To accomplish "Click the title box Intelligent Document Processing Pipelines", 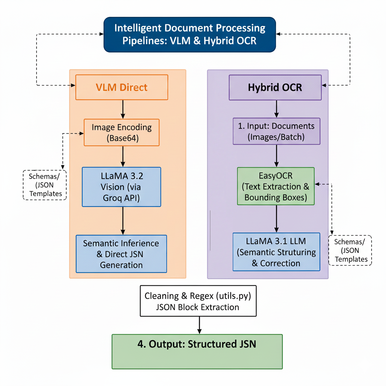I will click(x=189, y=34).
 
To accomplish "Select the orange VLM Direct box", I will click(x=122, y=87).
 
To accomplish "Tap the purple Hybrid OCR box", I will click(x=275, y=87).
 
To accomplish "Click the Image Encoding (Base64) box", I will click(x=122, y=132).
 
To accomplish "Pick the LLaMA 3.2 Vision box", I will click(x=121, y=187).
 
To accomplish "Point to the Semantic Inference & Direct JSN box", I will click(x=121, y=254).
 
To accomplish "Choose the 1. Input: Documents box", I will click(x=276, y=131).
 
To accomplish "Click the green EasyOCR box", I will click(x=276, y=186).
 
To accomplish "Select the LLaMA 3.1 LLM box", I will click(x=276, y=252).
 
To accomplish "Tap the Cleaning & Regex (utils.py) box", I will click(x=198, y=301).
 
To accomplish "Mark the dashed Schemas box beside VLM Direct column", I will click(x=45, y=184).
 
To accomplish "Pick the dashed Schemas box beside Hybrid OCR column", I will click(x=350, y=250).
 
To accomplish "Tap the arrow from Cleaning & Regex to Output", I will click(x=199, y=325).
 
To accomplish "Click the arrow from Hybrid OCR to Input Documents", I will click(x=276, y=109).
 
